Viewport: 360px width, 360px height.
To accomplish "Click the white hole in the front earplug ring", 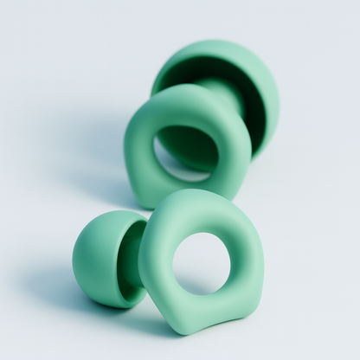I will click(x=201, y=263).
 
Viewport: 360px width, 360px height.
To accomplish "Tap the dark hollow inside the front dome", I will click(x=132, y=264).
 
